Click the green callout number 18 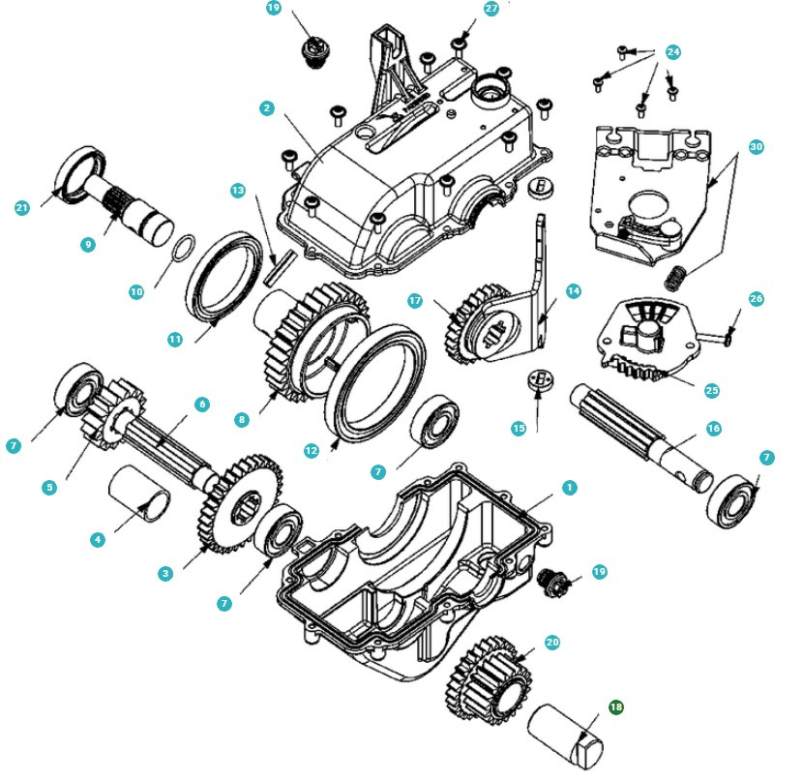click(x=615, y=706)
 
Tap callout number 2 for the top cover click(x=266, y=108)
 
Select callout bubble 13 click(x=238, y=190)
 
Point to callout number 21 click(x=21, y=207)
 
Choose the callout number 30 click(x=756, y=147)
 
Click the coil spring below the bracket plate click(x=675, y=277)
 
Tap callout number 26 click(x=756, y=299)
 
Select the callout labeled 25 click(x=712, y=391)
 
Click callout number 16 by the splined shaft click(x=713, y=428)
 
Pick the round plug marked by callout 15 click(x=538, y=380)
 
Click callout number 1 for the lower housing click(x=570, y=488)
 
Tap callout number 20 click(x=552, y=643)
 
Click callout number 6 click(x=202, y=405)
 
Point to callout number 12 click(x=312, y=451)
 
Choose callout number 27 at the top click(x=491, y=8)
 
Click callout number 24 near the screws click(x=673, y=51)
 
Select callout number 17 click(x=415, y=301)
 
